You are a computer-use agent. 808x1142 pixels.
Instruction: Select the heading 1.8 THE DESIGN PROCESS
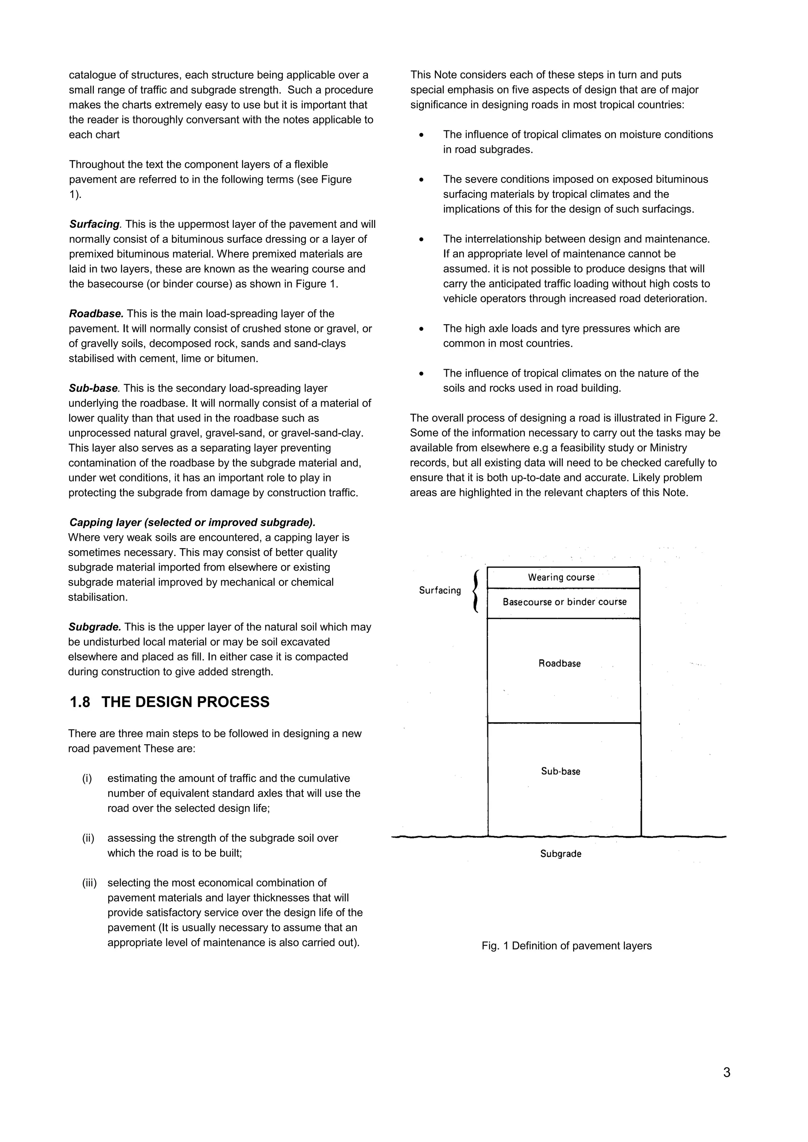(x=169, y=702)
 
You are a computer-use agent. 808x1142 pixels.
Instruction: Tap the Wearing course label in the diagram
(x=561, y=577)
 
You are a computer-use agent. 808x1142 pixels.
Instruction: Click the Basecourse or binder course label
(x=564, y=602)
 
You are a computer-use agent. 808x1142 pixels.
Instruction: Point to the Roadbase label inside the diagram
(x=559, y=664)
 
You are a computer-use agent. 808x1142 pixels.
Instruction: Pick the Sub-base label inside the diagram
(x=561, y=772)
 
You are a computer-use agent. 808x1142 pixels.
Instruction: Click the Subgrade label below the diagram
(x=561, y=854)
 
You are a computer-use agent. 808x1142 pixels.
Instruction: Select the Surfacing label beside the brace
(x=440, y=590)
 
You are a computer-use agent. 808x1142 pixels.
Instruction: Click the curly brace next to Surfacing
(x=476, y=591)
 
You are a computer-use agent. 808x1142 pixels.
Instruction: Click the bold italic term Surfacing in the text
(x=94, y=224)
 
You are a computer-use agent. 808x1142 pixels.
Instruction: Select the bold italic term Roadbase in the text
(x=95, y=314)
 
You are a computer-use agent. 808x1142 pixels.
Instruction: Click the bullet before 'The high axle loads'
(x=421, y=329)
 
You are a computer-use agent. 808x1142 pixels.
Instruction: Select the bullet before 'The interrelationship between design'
(x=421, y=239)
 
